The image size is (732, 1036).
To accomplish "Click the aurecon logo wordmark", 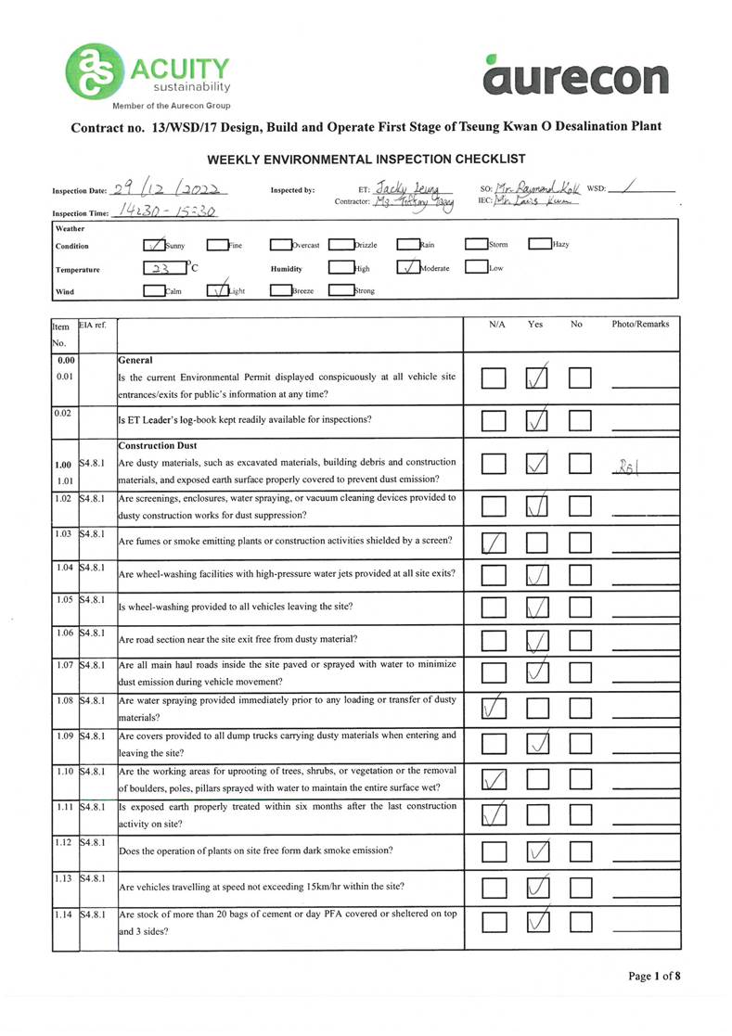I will pos(575,78).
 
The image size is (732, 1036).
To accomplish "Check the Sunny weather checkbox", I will pos(154,246).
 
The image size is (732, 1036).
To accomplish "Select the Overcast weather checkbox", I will pos(280,246).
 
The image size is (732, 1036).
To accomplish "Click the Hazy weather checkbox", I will pos(539,246).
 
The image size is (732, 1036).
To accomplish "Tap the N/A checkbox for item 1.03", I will pos(494,544).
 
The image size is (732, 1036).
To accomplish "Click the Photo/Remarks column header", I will pos(640,325).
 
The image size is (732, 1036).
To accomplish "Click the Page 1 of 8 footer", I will pos(654,976).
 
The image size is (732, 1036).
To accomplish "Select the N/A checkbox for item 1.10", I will pos(494,782).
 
